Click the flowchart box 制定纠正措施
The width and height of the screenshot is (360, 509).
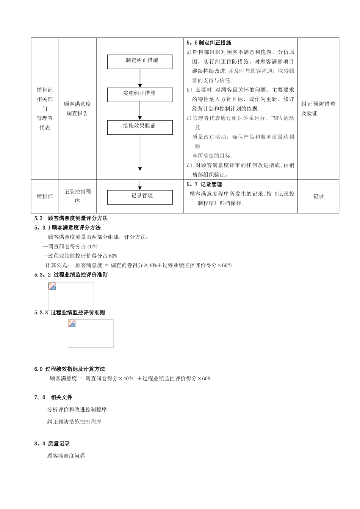click(x=140, y=61)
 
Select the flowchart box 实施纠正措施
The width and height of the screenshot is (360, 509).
click(x=140, y=94)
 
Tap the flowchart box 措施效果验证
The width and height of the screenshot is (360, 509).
click(x=140, y=127)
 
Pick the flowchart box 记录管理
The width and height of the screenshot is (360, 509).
click(x=140, y=197)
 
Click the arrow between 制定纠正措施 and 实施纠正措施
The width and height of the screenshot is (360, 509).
click(x=140, y=78)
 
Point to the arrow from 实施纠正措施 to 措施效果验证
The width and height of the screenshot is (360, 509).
click(x=140, y=111)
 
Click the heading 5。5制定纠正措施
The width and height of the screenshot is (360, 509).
click(x=209, y=43)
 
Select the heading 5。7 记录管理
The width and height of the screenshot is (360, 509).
click(x=204, y=184)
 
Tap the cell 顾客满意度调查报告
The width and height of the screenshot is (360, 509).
click(x=77, y=108)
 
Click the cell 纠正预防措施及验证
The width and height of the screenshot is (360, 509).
click(x=318, y=108)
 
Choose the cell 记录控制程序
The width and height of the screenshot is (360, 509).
click(x=77, y=196)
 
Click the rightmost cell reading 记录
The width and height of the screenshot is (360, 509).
click(x=318, y=197)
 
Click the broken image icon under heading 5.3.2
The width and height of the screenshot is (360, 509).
click(x=52, y=286)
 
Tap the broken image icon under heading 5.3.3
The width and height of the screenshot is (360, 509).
click(x=72, y=323)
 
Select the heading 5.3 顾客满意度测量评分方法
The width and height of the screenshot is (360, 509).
click(x=71, y=218)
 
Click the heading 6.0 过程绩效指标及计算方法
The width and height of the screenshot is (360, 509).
click(x=70, y=369)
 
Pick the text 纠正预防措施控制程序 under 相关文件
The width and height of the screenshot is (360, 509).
click(x=74, y=422)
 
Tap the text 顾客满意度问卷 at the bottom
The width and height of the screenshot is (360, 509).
click(x=66, y=456)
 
